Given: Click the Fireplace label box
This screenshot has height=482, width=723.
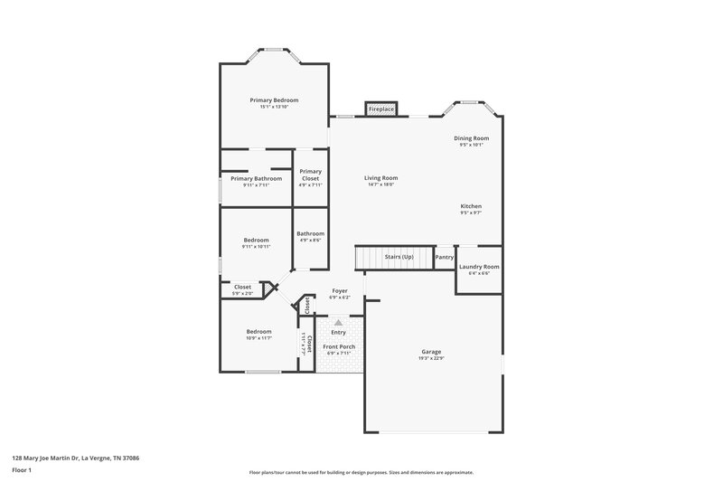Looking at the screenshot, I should (x=380, y=109).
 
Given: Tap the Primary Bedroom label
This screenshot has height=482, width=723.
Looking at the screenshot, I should (x=274, y=99).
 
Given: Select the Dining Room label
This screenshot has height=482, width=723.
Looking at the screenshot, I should (x=471, y=138).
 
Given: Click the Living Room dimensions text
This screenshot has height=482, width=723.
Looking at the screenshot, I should (x=380, y=185).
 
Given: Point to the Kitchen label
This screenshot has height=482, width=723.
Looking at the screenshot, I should (x=471, y=206).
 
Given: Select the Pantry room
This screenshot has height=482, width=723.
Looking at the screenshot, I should (x=444, y=257).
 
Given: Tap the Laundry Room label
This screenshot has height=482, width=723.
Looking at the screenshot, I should (x=479, y=267).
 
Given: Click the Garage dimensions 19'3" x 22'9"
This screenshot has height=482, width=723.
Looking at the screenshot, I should (x=431, y=358).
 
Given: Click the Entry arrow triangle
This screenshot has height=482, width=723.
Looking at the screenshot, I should (x=338, y=322).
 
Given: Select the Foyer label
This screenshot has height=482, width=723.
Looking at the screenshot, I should (x=339, y=290).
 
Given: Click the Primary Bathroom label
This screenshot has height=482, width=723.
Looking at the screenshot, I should (x=256, y=178).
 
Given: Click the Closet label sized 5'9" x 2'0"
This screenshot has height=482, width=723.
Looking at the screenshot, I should (x=242, y=287).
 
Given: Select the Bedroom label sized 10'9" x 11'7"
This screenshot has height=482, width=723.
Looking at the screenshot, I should (x=258, y=331).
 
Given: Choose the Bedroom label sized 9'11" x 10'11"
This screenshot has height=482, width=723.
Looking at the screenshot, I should (x=256, y=240).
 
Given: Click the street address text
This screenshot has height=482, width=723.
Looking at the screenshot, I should (x=75, y=458).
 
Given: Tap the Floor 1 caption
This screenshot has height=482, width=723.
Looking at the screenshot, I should (x=22, y=470).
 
